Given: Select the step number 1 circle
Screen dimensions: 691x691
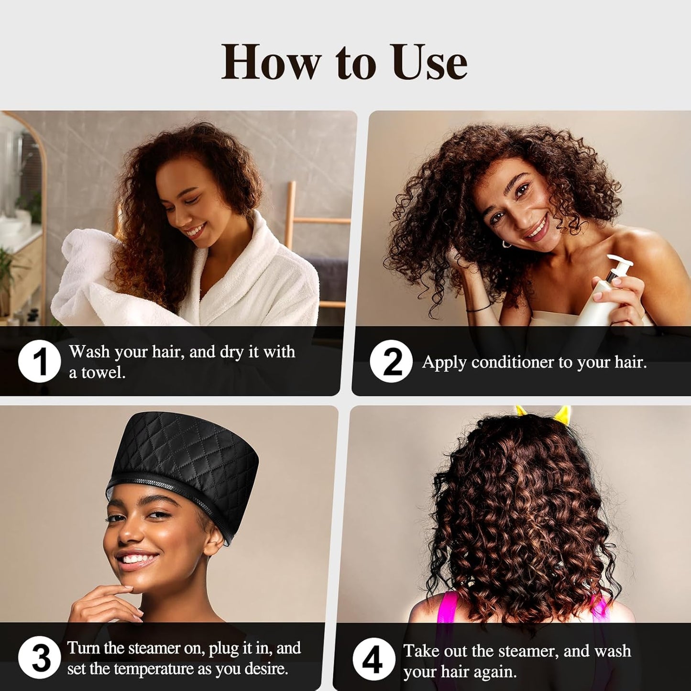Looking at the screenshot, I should pyautogui.click(x=39, y=361).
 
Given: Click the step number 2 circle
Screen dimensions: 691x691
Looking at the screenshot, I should pyautogui.click(x=391, y=361).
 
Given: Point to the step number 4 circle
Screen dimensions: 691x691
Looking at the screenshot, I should pyautogui.click(x=373, y=659).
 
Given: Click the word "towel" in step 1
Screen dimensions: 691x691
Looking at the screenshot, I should pyautogui.click(x=102, y=373).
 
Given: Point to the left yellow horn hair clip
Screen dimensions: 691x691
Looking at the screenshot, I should pyautogui.click(x=520, y=410).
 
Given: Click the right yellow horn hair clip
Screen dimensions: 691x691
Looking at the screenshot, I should pyautogui.click(x=562, y=414).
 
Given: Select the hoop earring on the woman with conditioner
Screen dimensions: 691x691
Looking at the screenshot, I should pyautogui.click(x=506, y=244).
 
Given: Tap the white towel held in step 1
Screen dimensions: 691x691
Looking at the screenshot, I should pyautogui.click(x=86, y=277).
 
